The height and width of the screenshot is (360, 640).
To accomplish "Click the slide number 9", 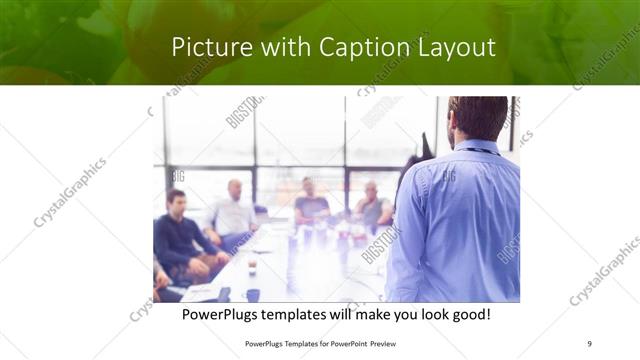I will point(590,343).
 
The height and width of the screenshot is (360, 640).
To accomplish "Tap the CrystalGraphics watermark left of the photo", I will point(70,192).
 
